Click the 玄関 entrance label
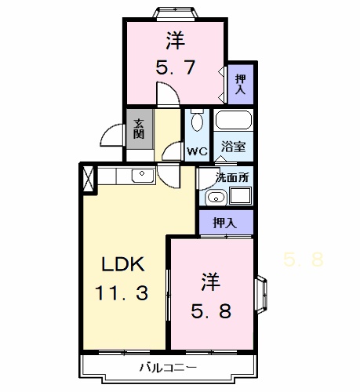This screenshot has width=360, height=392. coord(139,128)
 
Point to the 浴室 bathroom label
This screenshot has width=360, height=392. coord(233,146)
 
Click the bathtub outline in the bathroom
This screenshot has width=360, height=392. coord(233,121)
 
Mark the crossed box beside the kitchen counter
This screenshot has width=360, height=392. coord(87,179)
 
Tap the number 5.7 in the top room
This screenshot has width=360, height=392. coord(176,69)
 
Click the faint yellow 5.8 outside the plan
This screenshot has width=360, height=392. coord(304,260)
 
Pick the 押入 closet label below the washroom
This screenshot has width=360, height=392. coord(225,223)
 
